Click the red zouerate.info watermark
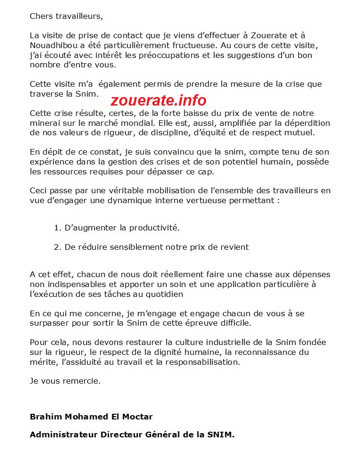[158, 100]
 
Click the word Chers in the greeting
[41, 16]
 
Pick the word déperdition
[306, 123]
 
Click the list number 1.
[57, 228]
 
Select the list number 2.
[57, 247]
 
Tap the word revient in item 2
[234, 247]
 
